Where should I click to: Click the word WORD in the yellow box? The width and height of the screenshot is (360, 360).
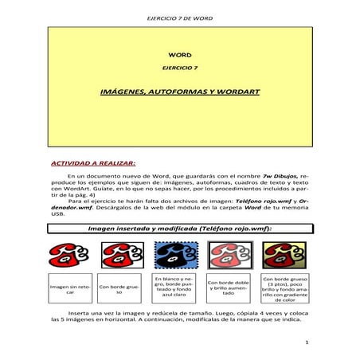(x=179, y=53)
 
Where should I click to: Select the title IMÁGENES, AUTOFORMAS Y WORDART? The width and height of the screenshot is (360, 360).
(x=179, y=92)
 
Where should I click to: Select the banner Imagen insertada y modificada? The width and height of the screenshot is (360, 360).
(x=179, y=228)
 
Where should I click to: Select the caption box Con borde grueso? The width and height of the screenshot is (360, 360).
(x=120, y=289)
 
